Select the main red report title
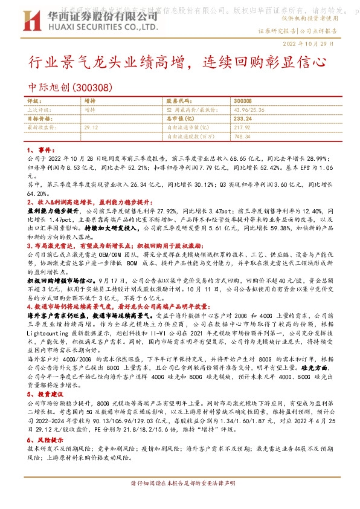click(179, 62)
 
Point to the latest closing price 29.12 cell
click(91, 128)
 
